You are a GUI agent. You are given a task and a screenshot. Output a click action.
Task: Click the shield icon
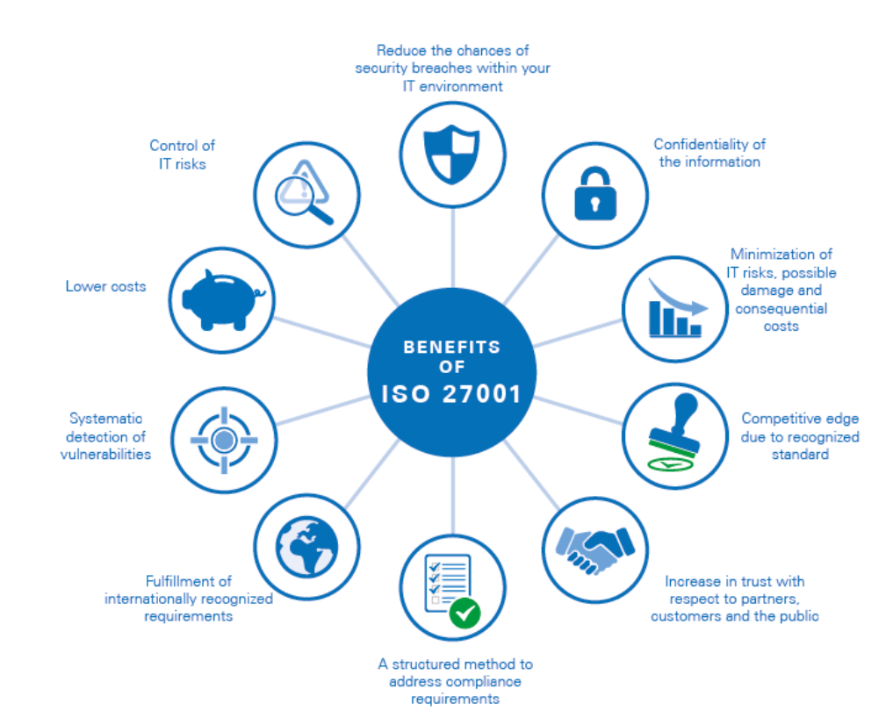coord(452,154)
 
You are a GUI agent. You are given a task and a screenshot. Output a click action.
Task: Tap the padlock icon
coord(595,193)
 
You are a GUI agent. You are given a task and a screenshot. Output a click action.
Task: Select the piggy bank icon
coord(223,300)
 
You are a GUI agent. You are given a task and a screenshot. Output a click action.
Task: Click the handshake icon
coord(595,550)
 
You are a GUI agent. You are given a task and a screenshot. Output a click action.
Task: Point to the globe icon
coord(306,547)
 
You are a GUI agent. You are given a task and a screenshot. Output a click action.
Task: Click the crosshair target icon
coord(224,440)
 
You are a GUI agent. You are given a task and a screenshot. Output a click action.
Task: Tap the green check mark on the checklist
coord(465,613)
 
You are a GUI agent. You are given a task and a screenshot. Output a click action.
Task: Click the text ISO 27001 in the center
coord(451,394)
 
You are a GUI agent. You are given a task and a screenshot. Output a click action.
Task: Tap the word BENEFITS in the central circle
coord(452,347)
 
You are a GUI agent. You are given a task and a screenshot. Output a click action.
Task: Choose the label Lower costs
coord(105,286)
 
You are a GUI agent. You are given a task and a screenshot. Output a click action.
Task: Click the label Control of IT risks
coord(182,154)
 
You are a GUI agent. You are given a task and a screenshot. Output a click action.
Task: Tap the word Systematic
coord(105,419)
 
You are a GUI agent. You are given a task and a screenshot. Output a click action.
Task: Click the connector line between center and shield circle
coord(452,248)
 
